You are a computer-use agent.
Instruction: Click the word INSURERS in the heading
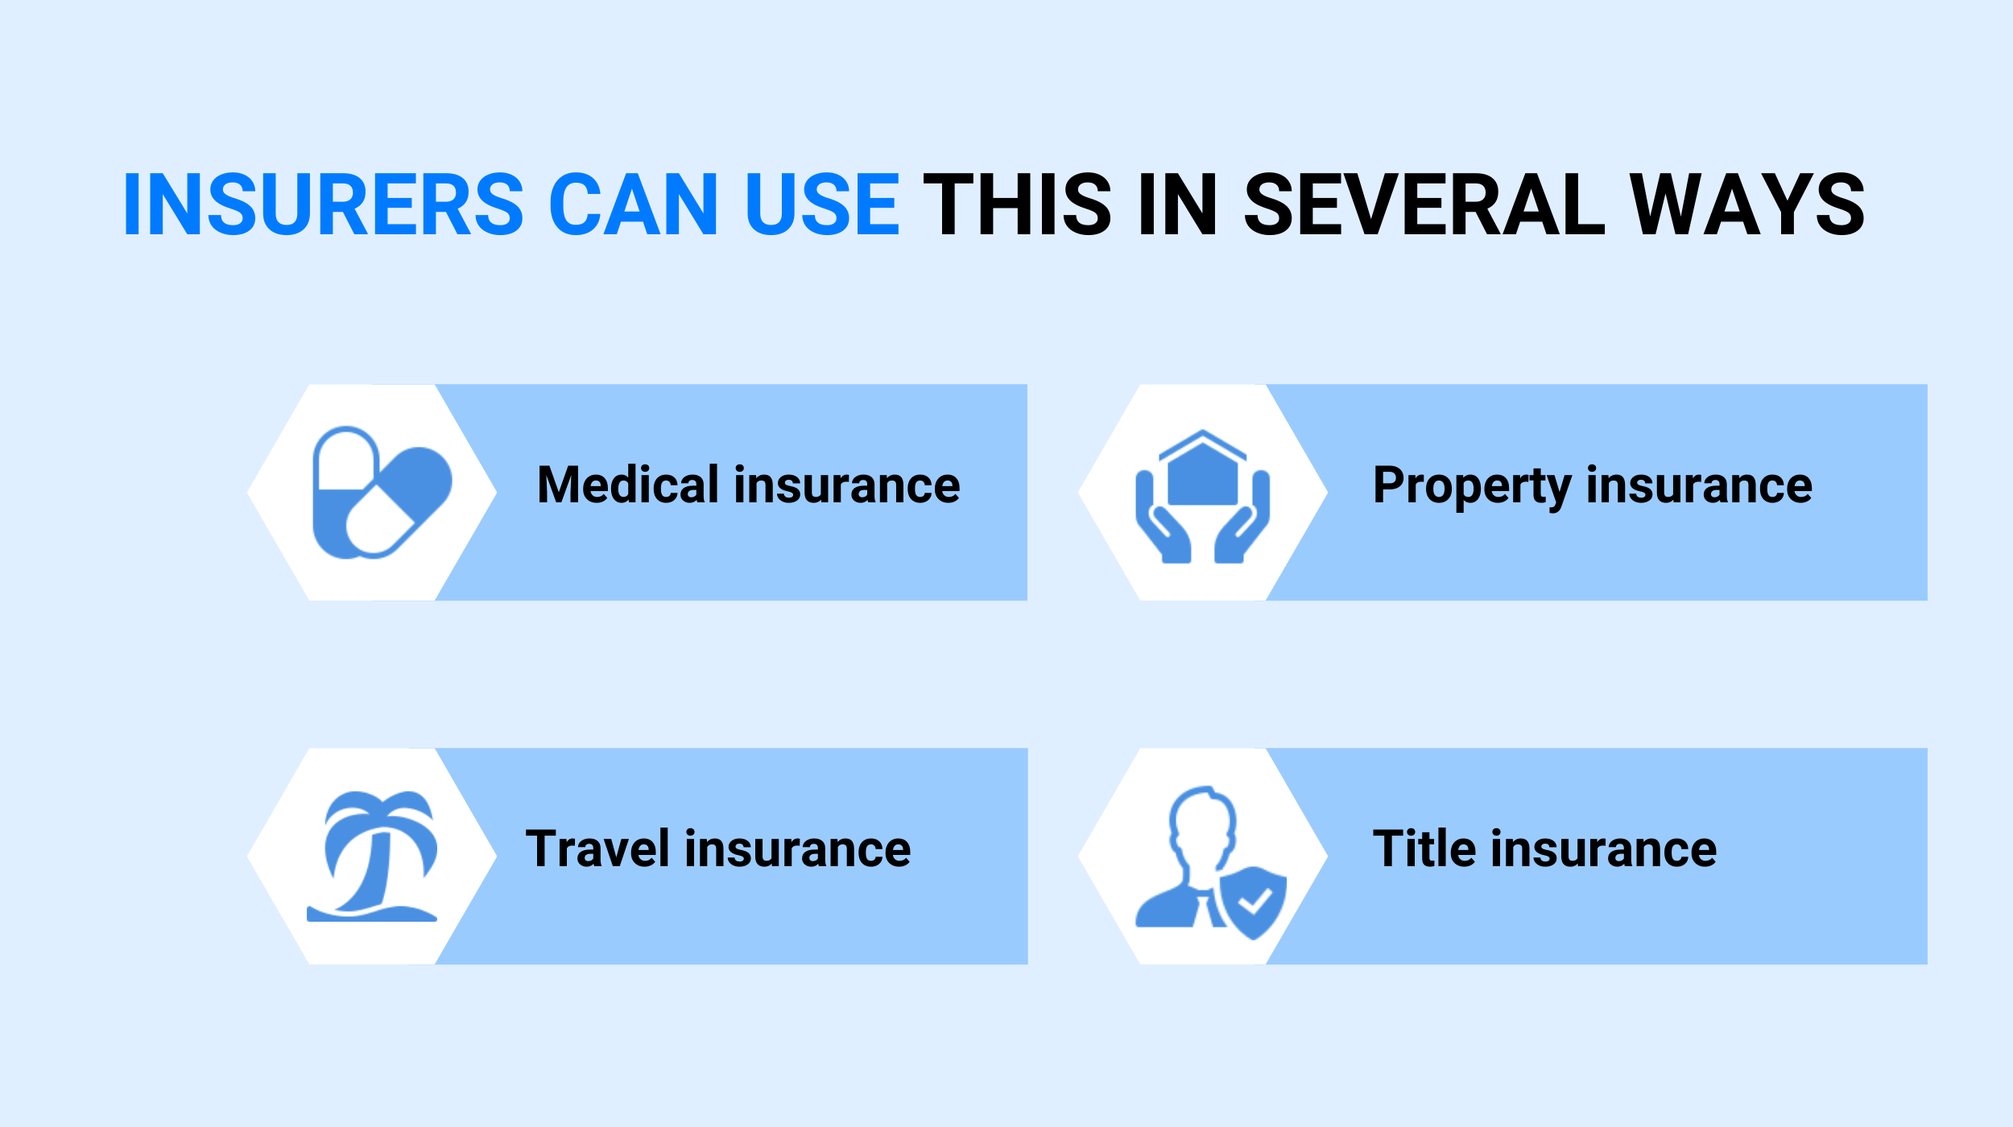[x=324, y=204]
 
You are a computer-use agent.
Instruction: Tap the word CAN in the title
[x=633, y=204]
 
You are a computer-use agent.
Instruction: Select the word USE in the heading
[x=822, y=204]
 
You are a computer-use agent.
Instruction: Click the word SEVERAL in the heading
[x=1424, y=204]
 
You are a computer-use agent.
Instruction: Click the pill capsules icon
[x=382, y=492]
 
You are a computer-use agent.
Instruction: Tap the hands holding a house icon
[x=1202, y=496]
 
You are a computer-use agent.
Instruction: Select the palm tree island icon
[x=373, y=856]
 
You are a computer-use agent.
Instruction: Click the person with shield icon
[x=1210, y=862]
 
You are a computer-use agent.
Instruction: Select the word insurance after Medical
[x=847, y=485]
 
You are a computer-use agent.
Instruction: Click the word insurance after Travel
[x=798, y=849]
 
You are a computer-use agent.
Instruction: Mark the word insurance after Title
[x=1604, y=849]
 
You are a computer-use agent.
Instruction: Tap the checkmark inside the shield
[x=1254, y=901]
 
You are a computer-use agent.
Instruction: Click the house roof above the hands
[x=1202, y=444]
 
